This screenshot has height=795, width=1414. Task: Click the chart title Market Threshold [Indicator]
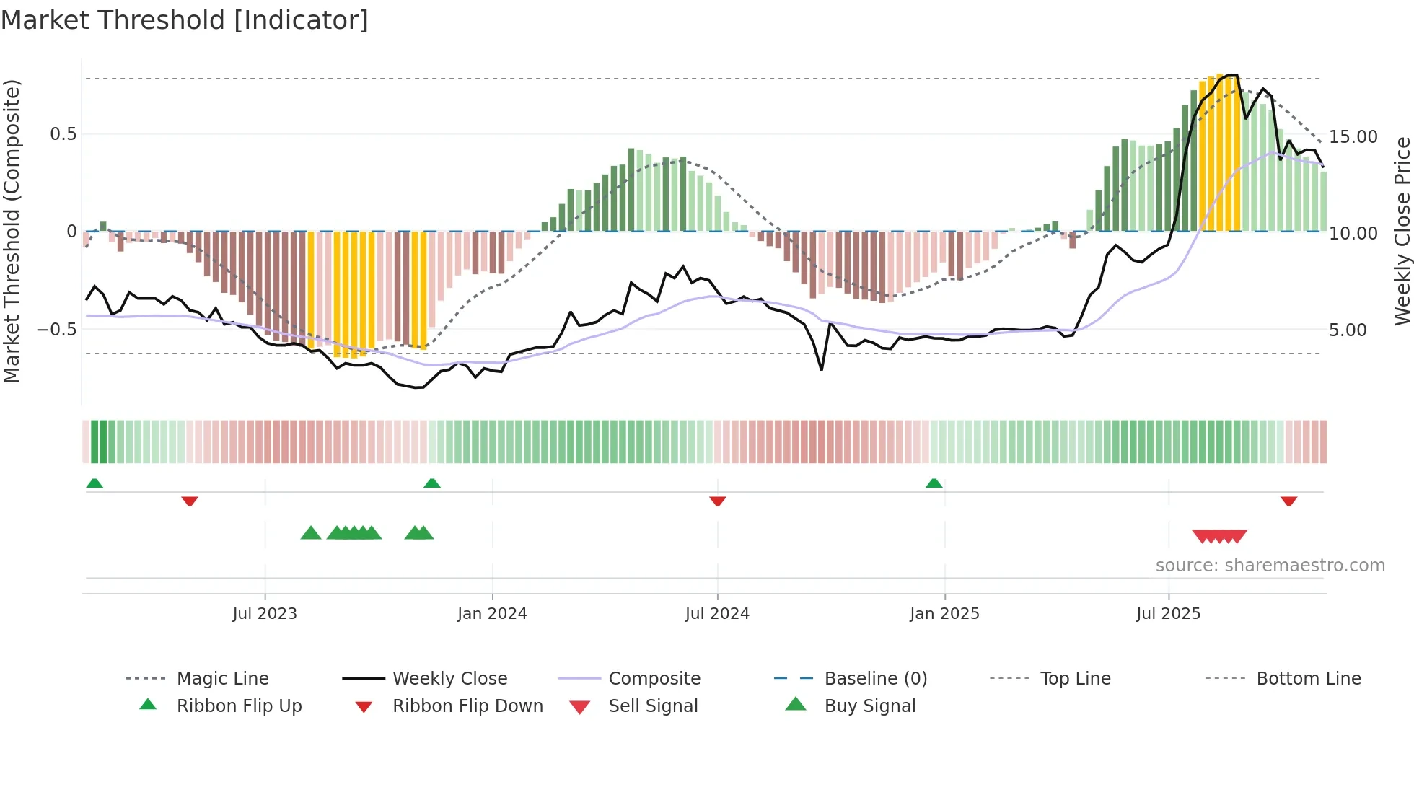tap(185, 20)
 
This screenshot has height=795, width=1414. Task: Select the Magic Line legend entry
tap(222, 678)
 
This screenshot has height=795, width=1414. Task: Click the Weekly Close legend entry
tap(449, 678)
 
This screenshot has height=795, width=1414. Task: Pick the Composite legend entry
tap(654, 678)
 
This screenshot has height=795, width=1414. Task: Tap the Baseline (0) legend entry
tap(875, 678)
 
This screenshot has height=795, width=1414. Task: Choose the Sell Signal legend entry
tap(653, 706)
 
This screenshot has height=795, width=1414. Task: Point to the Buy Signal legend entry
tap(869, 706)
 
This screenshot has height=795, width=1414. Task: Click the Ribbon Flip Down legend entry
tap(467, 706)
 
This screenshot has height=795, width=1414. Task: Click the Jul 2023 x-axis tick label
tap(265, 613)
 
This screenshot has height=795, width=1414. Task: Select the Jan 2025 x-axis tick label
tap(944, 613)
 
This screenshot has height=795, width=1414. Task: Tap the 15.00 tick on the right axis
tap(1353, 136)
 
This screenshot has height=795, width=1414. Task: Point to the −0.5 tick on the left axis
tap(56, 329)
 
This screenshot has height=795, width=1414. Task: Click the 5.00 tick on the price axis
tap(1347, 330)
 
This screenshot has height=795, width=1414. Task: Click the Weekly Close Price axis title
tap(1401, 231)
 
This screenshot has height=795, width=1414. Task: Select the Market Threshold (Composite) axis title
tap(12, 231)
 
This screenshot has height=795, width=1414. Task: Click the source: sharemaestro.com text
tap(1270, 565)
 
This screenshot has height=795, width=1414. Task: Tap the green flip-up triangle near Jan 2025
tap(934, 483)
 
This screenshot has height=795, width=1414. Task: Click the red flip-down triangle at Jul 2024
tap(717, 501)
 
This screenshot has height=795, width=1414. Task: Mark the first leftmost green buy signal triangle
tap(310, 533)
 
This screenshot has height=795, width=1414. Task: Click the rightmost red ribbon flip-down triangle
tap(1288, 501)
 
